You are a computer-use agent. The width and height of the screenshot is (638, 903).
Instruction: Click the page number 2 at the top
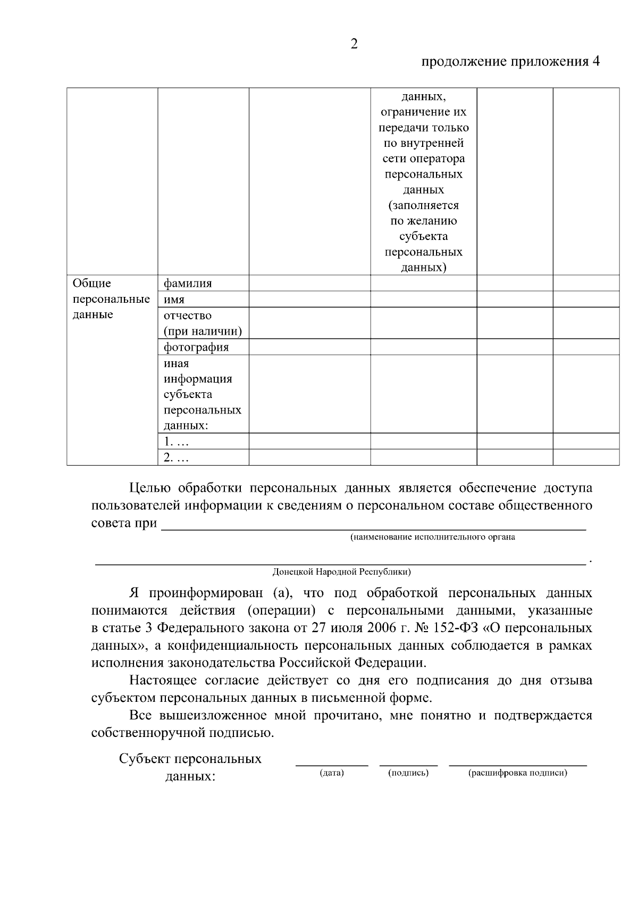coord(354,44)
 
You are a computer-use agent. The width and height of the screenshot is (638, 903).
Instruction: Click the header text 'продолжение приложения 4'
coord(510,61)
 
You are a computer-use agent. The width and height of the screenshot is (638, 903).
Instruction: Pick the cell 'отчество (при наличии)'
coord(203,323)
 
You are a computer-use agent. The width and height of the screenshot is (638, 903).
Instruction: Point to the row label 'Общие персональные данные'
coord(111,299)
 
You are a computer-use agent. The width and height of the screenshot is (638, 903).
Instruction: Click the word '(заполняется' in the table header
coord(424,205)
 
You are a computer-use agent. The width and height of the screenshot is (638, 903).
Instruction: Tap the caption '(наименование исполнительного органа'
coord(432,537)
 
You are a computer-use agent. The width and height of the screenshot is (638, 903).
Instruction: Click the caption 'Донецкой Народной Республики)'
coord(341,572)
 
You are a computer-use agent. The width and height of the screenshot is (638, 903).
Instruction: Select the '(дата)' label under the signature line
coord(331,773)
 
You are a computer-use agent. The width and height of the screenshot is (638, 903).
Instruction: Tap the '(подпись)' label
coord(408,773)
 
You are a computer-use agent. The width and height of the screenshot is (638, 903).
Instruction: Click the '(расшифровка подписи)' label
coord(517,773)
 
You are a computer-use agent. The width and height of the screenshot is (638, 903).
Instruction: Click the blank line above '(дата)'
coord(331,765)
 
